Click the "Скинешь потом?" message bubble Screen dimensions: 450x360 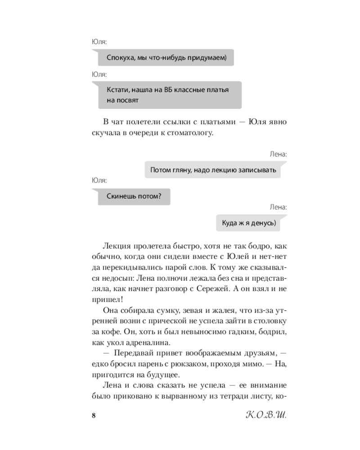pyautogui.click(x=134, y=196)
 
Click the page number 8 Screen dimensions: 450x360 pyautogui.click(x=93, y=414)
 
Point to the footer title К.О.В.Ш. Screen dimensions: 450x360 pyautogui.click(x=263, y=414)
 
